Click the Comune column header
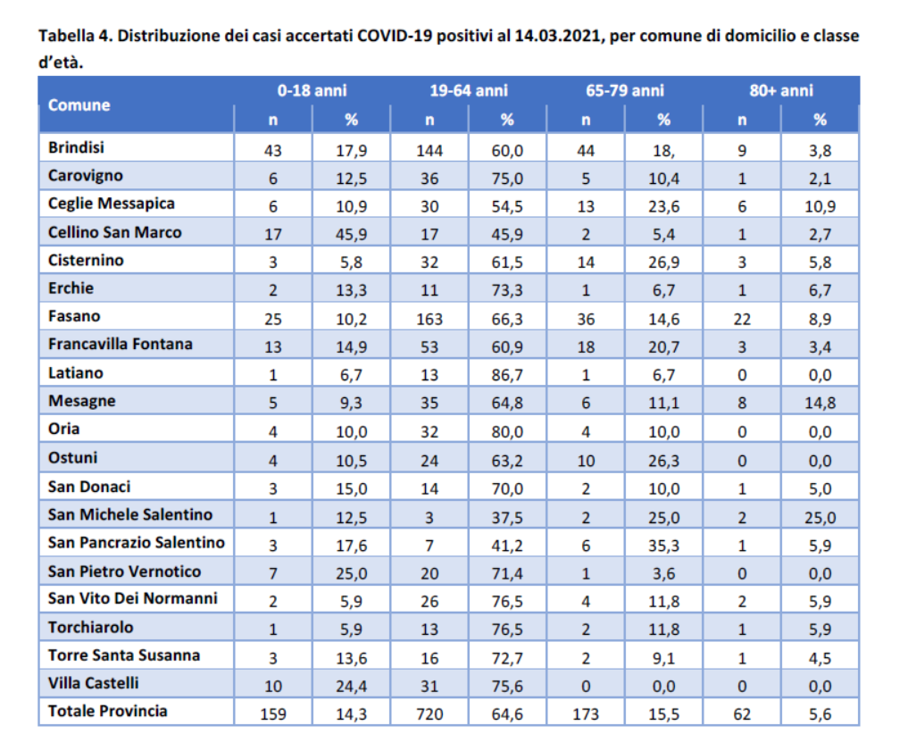79,104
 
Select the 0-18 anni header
312,90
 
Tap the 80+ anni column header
781,90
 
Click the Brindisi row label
76,147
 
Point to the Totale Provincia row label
108,711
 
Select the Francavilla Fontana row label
120,344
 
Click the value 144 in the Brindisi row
429,151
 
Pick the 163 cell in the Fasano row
429,319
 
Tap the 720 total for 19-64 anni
429,714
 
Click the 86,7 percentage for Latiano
507,375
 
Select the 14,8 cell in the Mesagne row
820,404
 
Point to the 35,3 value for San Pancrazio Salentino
663,546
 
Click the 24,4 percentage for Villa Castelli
352,687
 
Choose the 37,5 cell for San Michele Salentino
507,518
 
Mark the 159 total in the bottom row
272,714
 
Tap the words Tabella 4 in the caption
75,36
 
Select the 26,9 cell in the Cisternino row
663,263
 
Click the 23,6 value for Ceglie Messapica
663,207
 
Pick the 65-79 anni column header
625,90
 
